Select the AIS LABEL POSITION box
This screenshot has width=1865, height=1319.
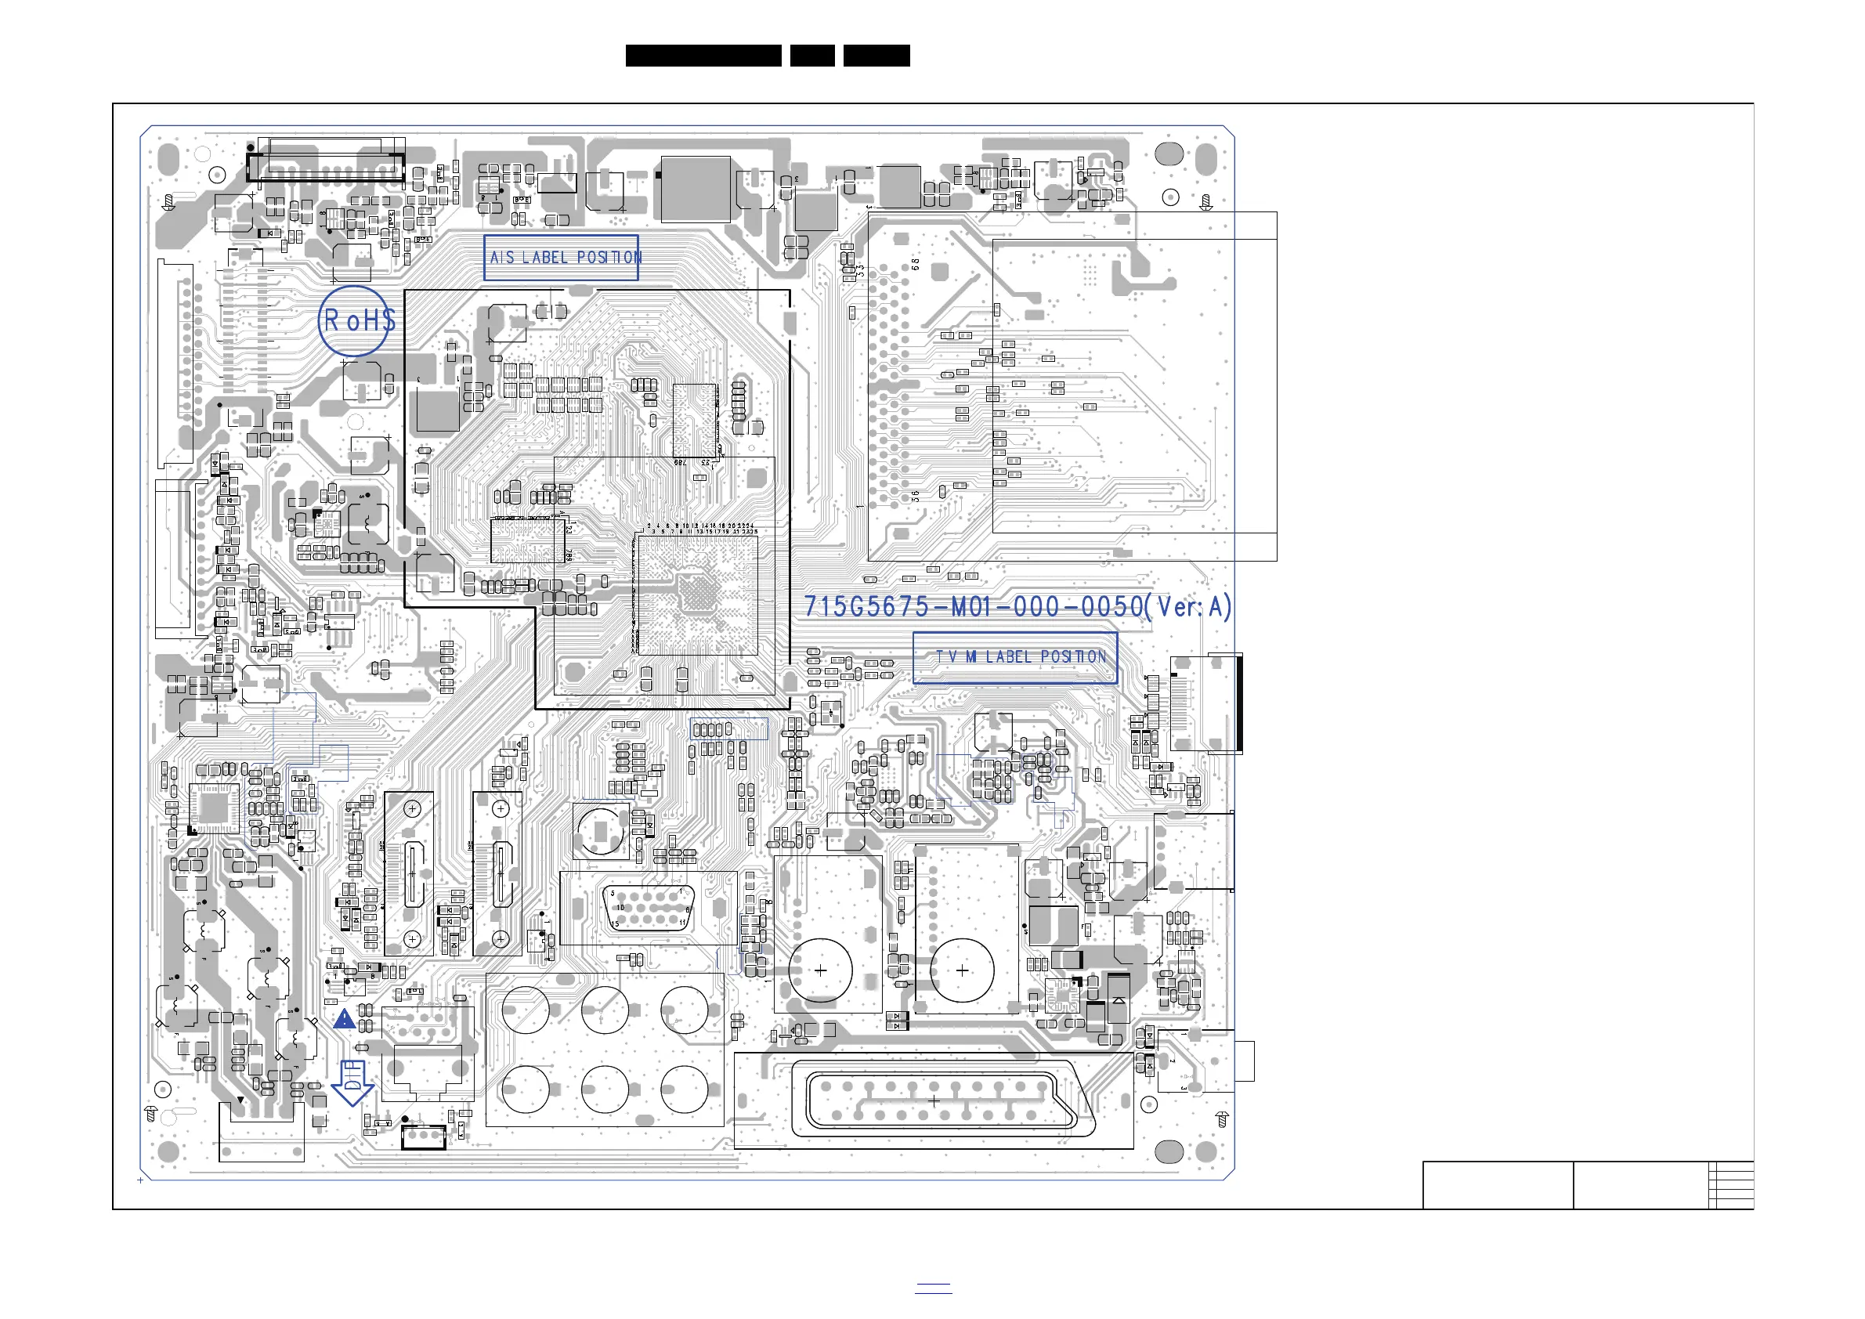click(x=562, y=258)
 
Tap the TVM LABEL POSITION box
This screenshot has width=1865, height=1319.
click(x=1014, y=657)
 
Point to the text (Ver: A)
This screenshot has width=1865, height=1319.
click(x=1189, y=607)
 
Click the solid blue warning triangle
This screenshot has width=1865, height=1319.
click(x=345, y=1018)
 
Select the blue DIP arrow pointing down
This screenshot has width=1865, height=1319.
click(x=352, y=1082)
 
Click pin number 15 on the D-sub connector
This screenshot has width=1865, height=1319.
click(x=615, y=923)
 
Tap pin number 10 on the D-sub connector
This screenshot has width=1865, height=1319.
click(x=620, y=907)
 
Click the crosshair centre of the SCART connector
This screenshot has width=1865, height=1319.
click(x=934, y=1101)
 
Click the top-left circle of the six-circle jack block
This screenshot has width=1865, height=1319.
click(x=526, y=1010)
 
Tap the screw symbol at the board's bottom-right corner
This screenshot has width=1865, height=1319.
click(x=1223, y=1120)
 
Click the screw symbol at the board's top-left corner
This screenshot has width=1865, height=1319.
click(x=169, y=201)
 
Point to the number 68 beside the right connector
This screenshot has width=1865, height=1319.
click(x=916, y=264)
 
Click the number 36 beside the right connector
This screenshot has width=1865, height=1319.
click(x=916, y=496)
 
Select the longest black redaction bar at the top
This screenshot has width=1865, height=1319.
click(x=703, y=56)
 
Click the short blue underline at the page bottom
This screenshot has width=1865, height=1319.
click(x=934, y=1292)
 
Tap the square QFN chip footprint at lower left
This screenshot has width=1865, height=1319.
click(x=215, y=808)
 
